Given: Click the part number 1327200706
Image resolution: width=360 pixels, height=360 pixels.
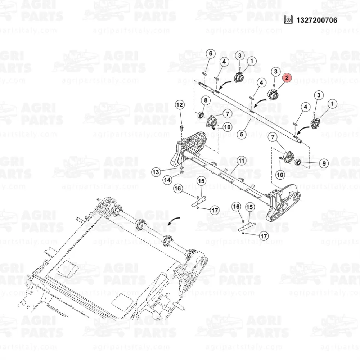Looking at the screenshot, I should pos(317,20).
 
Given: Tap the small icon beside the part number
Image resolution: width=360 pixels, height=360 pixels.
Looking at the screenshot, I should pos(288,20).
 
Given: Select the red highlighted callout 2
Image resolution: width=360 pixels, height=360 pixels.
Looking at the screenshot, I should pos(287,78).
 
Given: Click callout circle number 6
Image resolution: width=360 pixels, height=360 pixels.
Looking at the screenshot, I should pos(211,54).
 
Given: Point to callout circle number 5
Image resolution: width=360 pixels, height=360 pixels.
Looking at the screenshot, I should pos(242,134).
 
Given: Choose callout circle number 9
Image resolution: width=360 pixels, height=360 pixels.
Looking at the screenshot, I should pos(323,164).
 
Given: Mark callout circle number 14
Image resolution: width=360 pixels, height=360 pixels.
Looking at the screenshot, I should pos(168,180).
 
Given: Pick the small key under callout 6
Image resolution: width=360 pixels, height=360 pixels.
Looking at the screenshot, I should pos(204,73).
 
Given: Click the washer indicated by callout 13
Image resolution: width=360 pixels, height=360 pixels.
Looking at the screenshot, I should pos(181,168).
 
